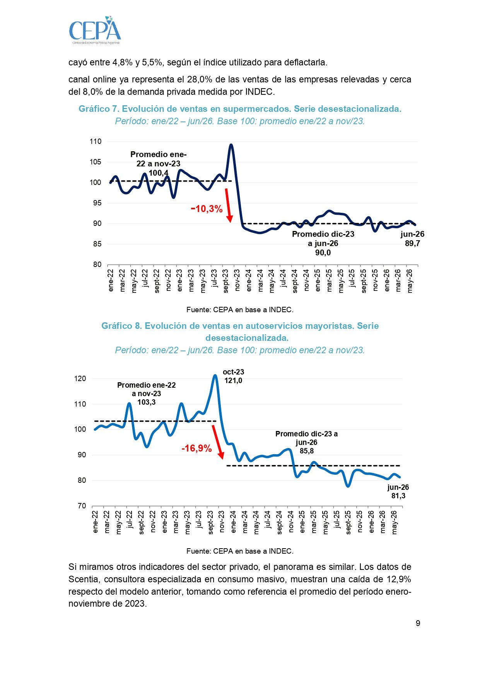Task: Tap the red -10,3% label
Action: click(x=207, y=209)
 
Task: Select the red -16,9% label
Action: click(x=196, y=448)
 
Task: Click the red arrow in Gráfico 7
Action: click(x=228, y=205)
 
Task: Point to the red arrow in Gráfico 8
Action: click(x=218, y=442)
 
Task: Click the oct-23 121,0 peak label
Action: click(x=233, y=376)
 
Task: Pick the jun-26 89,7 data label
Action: click(x=412, y=239)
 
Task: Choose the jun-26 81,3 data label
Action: click(x=398, y=491)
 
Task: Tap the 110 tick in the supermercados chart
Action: click(x=96, y=142)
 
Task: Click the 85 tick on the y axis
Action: click(x=97, y=244)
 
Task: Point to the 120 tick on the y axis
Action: click(x=80, y=378)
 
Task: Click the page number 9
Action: click(x=418, y=623)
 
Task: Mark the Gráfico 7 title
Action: click(x=240, y=109)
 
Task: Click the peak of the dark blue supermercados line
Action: click(x=231, y=145)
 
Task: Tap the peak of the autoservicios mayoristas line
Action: click(x=215, y=375)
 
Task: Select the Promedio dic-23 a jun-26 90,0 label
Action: click(x=323, y=243)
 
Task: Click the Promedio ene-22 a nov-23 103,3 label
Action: click(x=146, y=393)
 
